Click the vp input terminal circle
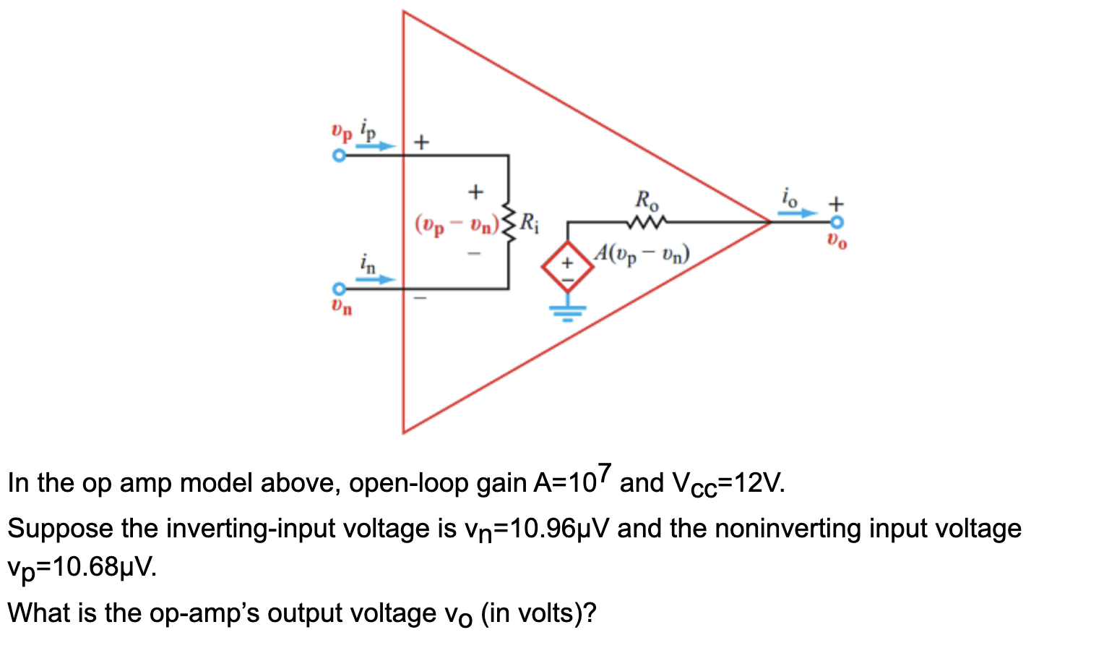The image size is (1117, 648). point(337,155)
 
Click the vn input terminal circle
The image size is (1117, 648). point(337,289)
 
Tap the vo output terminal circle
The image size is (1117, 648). point(837,222)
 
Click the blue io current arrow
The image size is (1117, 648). point(798,213)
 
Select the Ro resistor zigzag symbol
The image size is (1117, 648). point(646,222)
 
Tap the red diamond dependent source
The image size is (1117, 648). point(568,266)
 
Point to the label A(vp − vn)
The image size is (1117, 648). point(642,254)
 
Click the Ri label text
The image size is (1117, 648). point(529,222)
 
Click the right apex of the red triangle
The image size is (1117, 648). point(770,222)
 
